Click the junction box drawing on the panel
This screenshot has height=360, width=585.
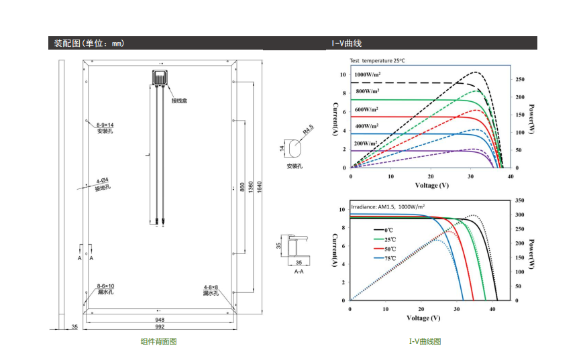pos(160,78)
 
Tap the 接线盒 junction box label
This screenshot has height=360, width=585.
pos(179,101)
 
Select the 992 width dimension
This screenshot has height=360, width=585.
pos(160,327)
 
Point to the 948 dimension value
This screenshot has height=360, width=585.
pos(160,320)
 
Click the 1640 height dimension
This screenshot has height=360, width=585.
pos(260,187)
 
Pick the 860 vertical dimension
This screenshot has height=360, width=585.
pos(242,187)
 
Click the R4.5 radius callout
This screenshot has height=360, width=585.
pos(308,129)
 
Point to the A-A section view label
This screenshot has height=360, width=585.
pos(299,272)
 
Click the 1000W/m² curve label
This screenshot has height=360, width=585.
pos(368,74)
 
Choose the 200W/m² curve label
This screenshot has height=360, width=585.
pos(366,143)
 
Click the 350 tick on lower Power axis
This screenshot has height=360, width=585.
pos(520,200)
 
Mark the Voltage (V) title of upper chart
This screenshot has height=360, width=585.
pos(432,185)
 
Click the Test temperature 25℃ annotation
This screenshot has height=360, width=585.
pos(377,60)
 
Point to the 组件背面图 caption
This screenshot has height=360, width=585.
pos(158,341)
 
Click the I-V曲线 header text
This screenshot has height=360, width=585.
pos(347,43)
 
